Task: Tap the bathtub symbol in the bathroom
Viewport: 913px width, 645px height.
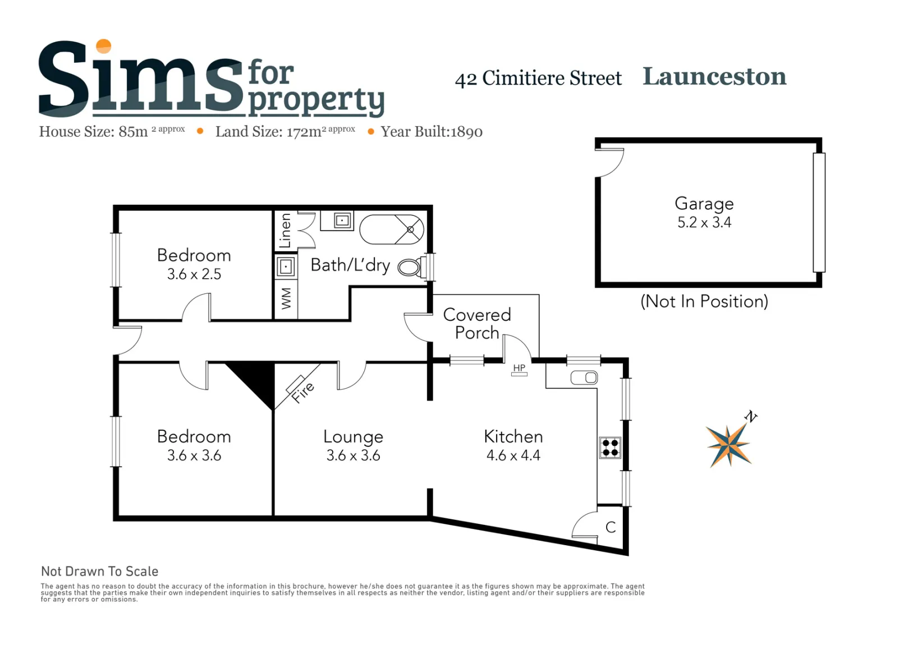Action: click(x=392, y=229)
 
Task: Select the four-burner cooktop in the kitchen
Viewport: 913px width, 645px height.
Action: click(x=610, y=448)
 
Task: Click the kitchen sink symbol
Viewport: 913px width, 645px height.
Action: click(x=584, y=377)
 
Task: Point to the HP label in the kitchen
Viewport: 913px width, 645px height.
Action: click(x=519, y=367)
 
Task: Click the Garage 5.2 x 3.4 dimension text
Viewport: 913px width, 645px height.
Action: click(x=704, y=223)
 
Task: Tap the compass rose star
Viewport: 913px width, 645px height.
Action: click(x=729, y=445)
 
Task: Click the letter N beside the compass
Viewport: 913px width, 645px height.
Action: click(x=751, y=417)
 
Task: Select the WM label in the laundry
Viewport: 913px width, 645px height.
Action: click(x=286, y=299)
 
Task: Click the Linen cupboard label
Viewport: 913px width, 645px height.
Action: click(x=285, y=231)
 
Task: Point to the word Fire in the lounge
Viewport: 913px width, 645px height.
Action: click(x=303, y=393)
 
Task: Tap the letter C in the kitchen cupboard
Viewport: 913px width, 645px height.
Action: click(x=610, y=527)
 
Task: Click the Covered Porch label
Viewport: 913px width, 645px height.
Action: click(x=477, y=324)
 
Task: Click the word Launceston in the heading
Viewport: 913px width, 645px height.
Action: click(x=714, y=76)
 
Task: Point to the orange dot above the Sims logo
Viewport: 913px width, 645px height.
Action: click(x=104, y=47)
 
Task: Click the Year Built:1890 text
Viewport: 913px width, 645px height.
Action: click(x=432, y=132)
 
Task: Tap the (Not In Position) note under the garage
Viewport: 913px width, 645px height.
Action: click(x=704, y=302)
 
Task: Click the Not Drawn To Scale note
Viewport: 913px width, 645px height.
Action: click(x=100, y=572)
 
